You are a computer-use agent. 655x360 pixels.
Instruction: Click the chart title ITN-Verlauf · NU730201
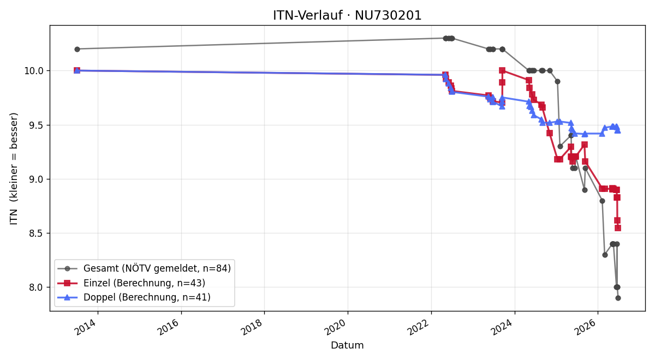click(x=347, y=15)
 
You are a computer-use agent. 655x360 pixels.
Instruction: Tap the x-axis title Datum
click(x=347, y=345)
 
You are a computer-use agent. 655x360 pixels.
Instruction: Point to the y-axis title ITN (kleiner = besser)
click(x=14, y=169)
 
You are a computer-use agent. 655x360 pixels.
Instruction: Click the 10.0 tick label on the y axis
click(x=34, y=71)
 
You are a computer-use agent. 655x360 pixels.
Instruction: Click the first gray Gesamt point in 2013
click(x=77, y=49)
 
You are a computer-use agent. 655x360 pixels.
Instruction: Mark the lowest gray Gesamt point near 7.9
click(x=618, y=298)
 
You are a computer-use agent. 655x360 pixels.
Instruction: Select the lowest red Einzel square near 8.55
click(x=617, y=228)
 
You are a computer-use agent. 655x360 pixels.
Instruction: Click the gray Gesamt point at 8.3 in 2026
click(x=605, y=255)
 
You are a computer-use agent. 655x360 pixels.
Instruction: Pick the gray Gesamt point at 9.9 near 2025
click(x=557, y=81)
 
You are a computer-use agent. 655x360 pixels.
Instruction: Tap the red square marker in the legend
click(x=67, y=283)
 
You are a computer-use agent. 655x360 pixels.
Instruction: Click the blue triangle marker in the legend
click(x=67, y=297)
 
